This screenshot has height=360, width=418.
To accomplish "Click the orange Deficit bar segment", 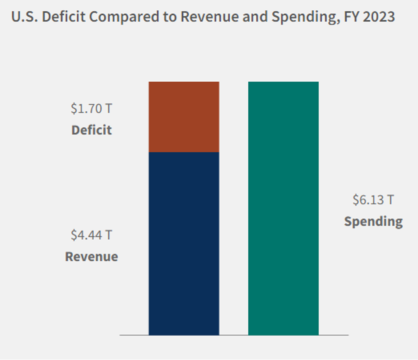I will click(184, 117).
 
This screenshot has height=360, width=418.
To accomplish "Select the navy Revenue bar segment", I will click(184, 243).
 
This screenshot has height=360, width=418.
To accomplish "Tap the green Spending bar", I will click(283, 208).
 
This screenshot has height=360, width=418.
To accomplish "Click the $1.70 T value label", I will click(91, 109).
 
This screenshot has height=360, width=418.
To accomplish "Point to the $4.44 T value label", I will click(91, 235).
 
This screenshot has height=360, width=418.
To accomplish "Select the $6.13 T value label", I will click(373, 200).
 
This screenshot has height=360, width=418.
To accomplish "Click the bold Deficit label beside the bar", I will click(92, 130).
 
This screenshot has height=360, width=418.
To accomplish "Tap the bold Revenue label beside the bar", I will click(92, 257).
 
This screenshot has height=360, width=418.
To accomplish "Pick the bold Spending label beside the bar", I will click(373, 221).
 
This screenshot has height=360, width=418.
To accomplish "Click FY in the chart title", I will click(352, 17).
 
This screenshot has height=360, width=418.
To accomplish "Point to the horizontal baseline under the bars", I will click(234, 335).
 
